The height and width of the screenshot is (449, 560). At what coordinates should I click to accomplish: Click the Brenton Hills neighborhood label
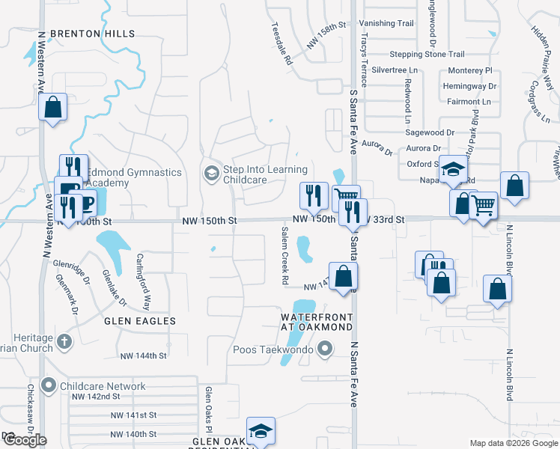pyautogui.click(x=94, y=34)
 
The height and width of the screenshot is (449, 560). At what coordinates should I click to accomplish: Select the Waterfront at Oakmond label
pyautogui.click(x=317, y=322)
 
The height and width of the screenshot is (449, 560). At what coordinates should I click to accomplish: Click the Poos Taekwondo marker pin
pyautogui.click(x=325, y=349)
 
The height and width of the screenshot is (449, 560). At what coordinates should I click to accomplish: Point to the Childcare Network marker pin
pyautogui.click(x=49, y=386)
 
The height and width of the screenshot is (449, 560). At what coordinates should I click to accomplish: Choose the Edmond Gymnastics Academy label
pyautogui.click(x=135, y=177)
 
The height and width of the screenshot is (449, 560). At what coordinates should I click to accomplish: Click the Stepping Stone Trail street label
pyautogui.click(x=427, y=55)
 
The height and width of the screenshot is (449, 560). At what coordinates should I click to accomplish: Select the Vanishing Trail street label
pyautogui.click(x=386, y=23)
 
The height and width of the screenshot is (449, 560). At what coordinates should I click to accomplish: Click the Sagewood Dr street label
pyautogui.click(x=430, y=132)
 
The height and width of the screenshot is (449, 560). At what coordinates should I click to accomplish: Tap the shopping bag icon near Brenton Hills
pyautogui.click(x=52, y=107)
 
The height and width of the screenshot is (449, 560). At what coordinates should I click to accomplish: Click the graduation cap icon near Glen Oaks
pyautogui.click(x=261, y=431)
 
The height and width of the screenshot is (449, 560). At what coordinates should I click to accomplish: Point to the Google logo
pyautogui.click(x=25, y=441)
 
